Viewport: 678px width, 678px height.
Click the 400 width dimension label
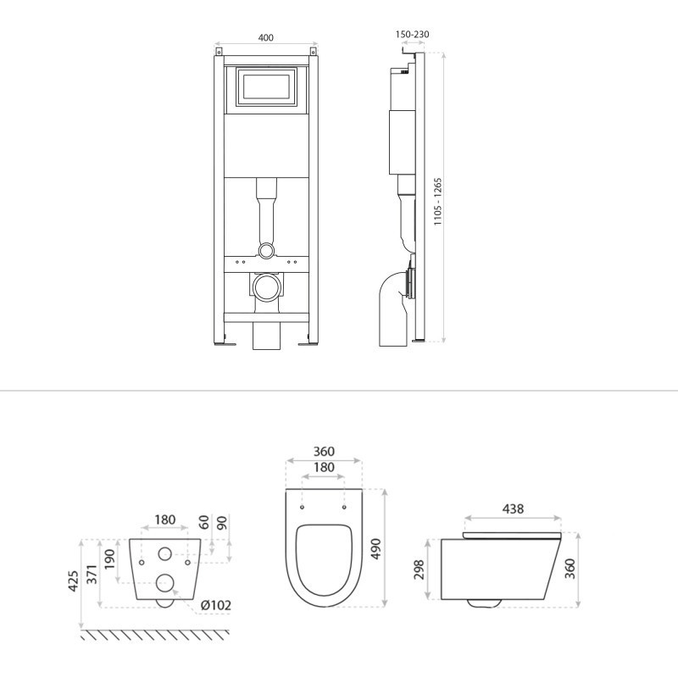(266, 37)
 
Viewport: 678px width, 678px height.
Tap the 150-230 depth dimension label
(413, 34)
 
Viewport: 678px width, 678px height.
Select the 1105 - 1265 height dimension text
(438, 202)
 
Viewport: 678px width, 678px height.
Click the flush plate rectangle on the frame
(266, 86)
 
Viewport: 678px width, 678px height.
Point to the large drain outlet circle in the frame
(266, 287)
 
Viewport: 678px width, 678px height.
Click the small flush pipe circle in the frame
(266, 250)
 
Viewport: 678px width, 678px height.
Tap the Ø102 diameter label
(216, 605)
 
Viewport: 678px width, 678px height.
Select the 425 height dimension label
(74, 581)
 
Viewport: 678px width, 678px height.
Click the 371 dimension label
(92, 575)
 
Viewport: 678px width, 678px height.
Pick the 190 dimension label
(110, 559)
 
